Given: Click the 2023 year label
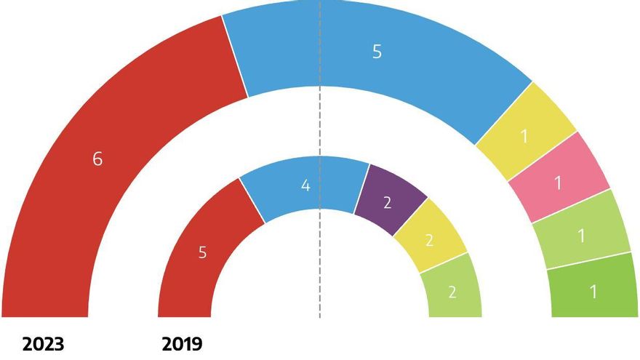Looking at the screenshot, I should [x=43, y=343].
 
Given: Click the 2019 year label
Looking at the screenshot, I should [x=182, y=343].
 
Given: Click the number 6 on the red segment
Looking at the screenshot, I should [x=97, y=159].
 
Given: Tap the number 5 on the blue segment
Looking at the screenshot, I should [x=377, y=52].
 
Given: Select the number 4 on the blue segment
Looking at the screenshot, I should [x=306, y=185].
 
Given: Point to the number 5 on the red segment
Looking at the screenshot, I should [x=203, y=253].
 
